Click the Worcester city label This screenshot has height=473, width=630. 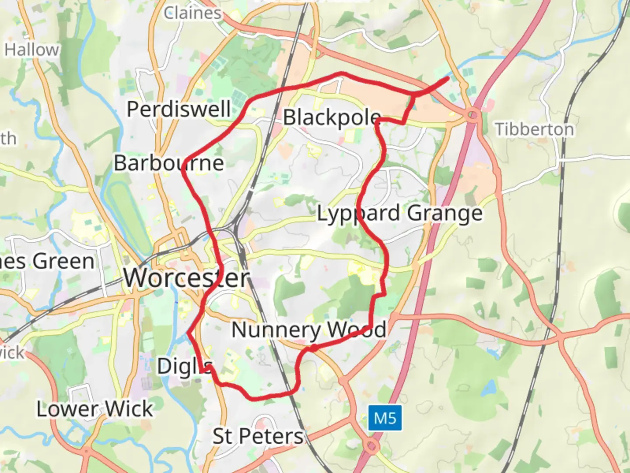click(186, 277)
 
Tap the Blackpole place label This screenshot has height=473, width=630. click(332, 117)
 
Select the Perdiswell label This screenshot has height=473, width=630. click(178, 109)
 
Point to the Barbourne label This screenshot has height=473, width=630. click(169, 163)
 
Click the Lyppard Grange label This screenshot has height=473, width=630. click(399, 214)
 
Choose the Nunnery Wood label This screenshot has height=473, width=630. click(309, 330)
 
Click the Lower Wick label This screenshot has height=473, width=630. click(94, 409)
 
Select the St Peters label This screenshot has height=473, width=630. click(258, 436)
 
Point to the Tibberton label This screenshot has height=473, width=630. click(534, 129)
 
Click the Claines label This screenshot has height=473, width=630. click(192, 13)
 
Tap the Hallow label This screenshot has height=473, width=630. click(31, 50)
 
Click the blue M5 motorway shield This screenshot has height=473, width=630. click(385, 418)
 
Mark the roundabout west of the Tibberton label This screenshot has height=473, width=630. click(473, 116)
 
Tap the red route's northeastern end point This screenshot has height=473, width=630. click(448, 78)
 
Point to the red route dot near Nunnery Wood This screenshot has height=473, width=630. click(314, 348)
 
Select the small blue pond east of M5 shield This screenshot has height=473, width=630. click(490, 388)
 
